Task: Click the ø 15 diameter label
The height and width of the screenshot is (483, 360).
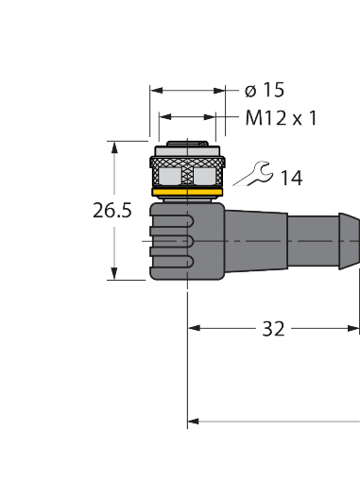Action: pyautogui.click(x=264, y=91)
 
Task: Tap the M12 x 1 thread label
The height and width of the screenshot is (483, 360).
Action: pyautogui.click(x=280, y=118)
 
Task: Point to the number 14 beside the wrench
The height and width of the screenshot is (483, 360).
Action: pyautogui.click(x=291, y=177)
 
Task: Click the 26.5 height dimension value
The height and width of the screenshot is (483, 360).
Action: pyautogui.click(x=111, y=212)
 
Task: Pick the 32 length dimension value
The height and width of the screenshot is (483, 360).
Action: pyautogui.click(x=273, y=329)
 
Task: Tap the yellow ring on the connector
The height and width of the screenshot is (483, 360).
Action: pyautogui.click(x=187, y=194)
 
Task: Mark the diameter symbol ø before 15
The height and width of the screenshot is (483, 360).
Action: pyautogui.click(x=249, y=91)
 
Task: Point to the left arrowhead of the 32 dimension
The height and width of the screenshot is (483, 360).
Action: pyautogui.click(x=196, y=329)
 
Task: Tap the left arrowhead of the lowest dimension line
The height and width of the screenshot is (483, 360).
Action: pyautogui.click(x=196, y=422)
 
